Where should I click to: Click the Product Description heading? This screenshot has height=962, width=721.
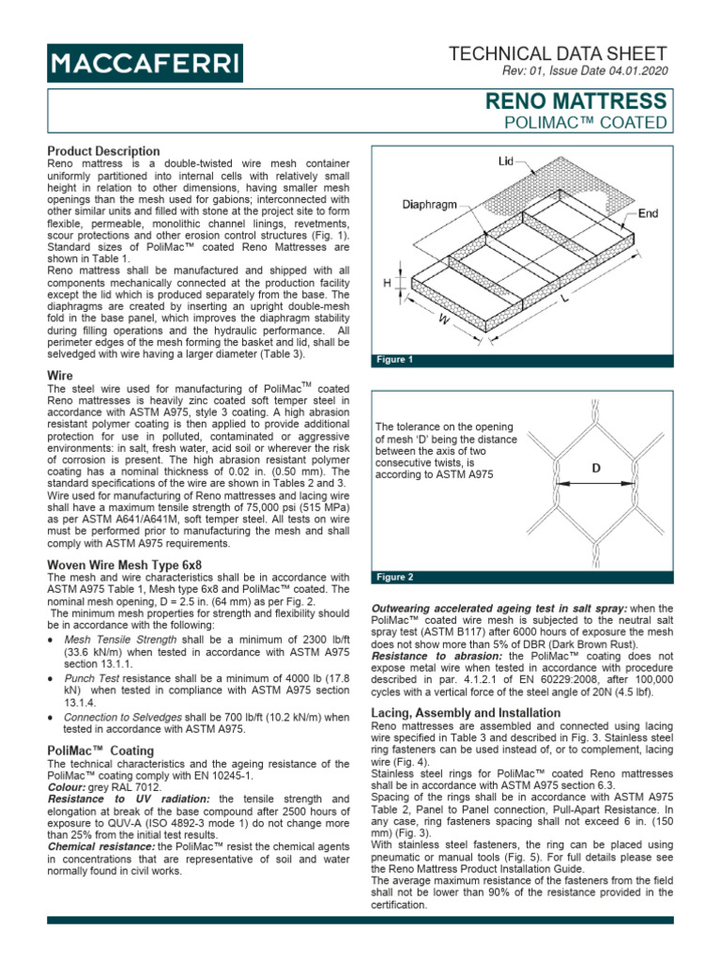[103, 150]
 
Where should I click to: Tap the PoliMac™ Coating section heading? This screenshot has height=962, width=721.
[100, 751]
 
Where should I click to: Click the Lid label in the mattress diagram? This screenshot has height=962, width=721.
[506, 163]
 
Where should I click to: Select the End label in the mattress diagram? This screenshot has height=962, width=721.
[648, 213]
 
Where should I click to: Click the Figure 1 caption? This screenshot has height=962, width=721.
[395, 360]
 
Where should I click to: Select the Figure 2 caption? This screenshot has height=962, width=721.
[395, 576]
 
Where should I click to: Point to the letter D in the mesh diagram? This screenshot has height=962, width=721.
[596, 467]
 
